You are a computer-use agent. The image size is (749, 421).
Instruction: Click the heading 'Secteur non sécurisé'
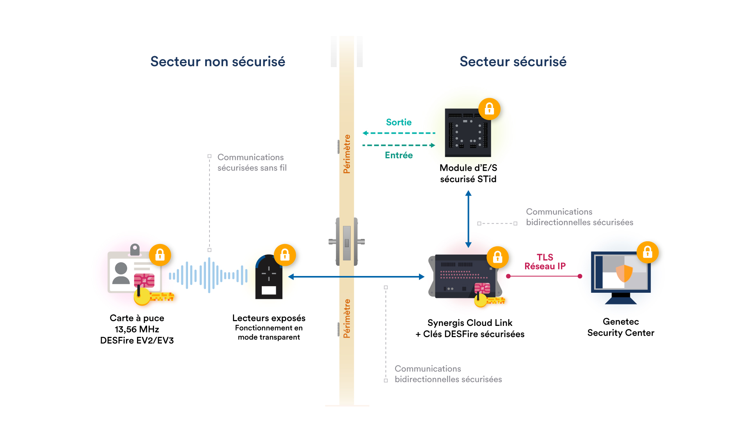218,62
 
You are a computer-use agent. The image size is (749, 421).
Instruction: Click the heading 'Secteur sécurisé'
513,62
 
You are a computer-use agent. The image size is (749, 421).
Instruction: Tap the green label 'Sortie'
399,122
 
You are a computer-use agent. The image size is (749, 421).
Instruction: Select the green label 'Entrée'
399,155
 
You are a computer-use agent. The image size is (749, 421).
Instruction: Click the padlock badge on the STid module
489,109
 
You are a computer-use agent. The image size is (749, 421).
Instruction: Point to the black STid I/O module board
468,133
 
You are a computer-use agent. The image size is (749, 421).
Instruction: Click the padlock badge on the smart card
160,255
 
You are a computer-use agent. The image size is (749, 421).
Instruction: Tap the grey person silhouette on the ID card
121,273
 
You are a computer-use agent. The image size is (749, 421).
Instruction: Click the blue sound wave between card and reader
208,275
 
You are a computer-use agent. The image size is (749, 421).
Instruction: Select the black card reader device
269,277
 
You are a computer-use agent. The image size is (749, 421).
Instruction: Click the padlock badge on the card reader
285,255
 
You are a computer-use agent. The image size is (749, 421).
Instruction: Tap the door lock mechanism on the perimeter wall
347,242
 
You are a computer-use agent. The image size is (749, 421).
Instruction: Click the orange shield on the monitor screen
624,273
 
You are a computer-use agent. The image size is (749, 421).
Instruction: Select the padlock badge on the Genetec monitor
648,252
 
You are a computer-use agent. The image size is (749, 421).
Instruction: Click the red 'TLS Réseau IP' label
545,262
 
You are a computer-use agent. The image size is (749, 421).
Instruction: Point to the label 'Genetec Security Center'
621,327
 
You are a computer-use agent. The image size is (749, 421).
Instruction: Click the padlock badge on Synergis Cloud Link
497,257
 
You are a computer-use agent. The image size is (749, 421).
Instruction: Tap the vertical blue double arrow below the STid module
469,219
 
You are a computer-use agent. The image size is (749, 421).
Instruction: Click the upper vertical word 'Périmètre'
347,154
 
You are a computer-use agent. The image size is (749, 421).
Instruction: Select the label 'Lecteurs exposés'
269,318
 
